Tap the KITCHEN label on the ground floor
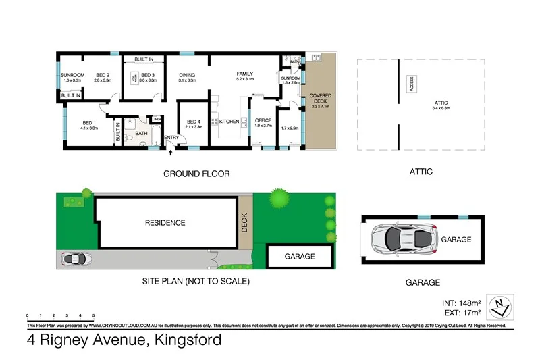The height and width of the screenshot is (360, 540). pos(229,122)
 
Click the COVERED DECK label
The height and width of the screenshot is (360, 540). pos(320,100)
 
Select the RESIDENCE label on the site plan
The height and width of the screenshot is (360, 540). pos(165,222)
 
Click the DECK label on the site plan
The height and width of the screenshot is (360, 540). pos(246,224)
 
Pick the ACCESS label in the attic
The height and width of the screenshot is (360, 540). pos(410,84)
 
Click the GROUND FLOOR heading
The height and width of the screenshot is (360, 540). pos(196,174)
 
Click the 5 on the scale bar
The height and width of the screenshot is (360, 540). pos(93,316)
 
